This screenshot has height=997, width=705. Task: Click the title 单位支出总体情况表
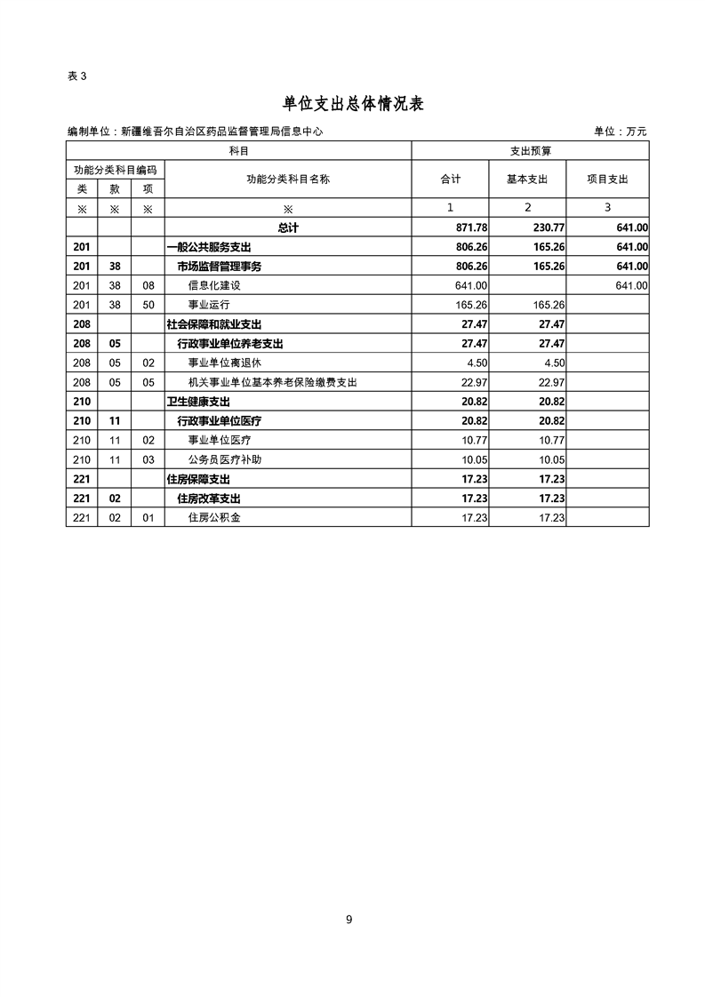pos(352,104)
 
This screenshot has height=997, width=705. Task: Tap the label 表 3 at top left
pos(76,76)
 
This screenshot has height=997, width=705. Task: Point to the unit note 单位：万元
pos(621,132)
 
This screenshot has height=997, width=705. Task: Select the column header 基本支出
pos(527,179)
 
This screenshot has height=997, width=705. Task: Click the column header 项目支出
pos(607,179)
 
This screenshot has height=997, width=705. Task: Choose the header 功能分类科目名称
pos(287,179)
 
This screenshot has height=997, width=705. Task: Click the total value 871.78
pos(469,227)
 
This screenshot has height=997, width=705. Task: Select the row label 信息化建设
pos(214,285)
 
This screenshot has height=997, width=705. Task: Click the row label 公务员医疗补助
pos(225,460)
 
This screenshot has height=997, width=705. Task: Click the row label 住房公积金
pos(214,518)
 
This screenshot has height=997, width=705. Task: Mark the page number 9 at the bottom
pos(349,920)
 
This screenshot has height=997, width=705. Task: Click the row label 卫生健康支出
pos(197,402)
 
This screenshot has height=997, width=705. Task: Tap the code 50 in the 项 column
pos(148,305)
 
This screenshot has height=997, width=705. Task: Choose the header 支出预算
pos(531,152)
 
